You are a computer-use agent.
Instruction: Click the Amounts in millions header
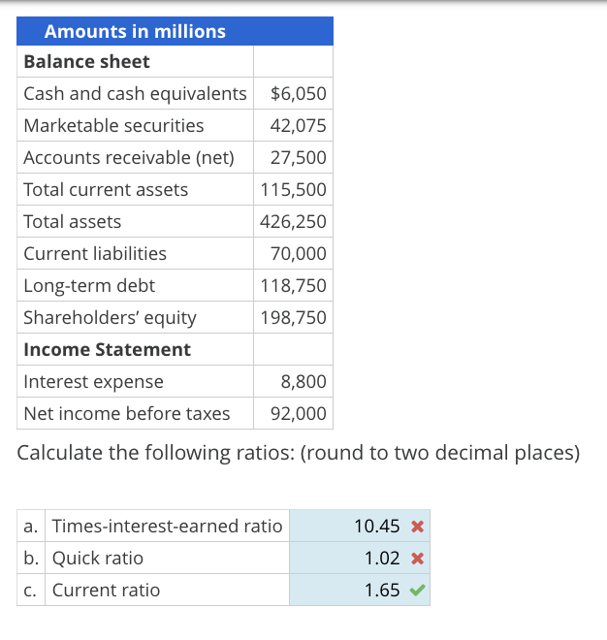[x=135, y=31]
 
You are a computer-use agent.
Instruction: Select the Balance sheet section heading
[x=86, y=61]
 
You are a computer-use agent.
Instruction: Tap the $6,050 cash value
[x=298, y=94]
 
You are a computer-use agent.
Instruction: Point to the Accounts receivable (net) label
[x=129, y=158]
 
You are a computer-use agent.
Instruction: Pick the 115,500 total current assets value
[x=294, y=190]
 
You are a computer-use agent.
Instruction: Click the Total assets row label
[x=73, y=222]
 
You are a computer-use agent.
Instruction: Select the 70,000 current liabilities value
[x=298, y=254]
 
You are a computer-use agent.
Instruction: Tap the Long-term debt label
[x=89, y=286]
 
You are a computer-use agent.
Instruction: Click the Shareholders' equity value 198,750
[x=294, y=318]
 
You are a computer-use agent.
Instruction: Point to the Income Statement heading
[x=107, y=349]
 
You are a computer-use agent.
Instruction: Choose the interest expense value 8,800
[x=303, y=382]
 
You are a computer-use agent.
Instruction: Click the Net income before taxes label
[x=127, y=414]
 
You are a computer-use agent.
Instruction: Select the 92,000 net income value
[x=298, y=414]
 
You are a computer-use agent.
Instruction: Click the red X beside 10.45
[x=416, y=527]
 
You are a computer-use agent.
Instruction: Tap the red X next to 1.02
[x=416, y=559]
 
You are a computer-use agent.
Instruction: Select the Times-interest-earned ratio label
[x=167, y=527]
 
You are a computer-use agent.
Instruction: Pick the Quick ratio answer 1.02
[x=382, y=559]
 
